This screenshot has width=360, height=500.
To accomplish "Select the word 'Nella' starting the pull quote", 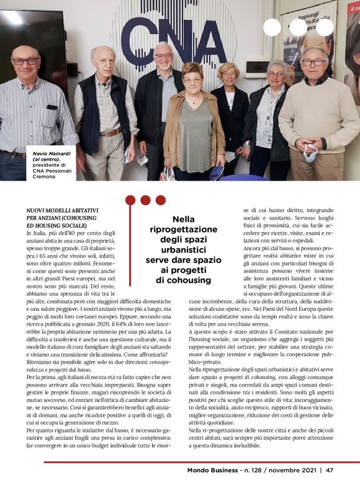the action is (x=183, y=219).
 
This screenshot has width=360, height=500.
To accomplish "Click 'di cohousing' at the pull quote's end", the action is (x=183, y=280).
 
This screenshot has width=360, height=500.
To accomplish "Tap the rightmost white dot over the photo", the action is (x=325, y=27).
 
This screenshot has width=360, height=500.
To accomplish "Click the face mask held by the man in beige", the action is (x=309, y=152).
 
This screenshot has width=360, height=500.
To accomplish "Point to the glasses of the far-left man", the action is (x=25, y=61).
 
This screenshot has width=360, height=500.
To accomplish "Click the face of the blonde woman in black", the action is (x=228, y=74).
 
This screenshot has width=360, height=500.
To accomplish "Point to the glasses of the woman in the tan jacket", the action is (x=192, y=80).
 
